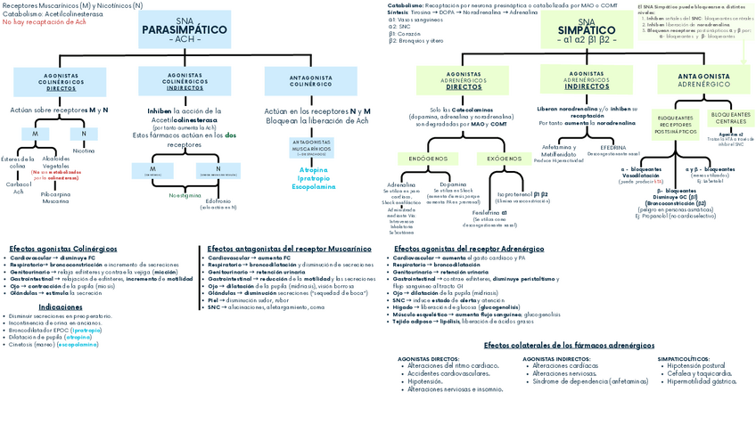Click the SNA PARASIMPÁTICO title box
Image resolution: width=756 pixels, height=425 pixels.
tap(184, 33)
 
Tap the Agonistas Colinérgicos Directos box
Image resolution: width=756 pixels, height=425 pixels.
tap(62, 82)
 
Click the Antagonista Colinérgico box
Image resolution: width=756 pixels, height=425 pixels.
tap(311, 81)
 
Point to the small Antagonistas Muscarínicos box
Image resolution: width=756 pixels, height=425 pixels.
tap(311, 146)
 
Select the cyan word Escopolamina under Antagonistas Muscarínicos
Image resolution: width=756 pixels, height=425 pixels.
tap(313, 187)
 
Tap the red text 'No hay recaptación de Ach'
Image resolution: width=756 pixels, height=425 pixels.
tap(44, 21)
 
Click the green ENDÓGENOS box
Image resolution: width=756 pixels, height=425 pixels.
tap(429, 159)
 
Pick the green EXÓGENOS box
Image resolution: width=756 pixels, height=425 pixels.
tap(505, 159)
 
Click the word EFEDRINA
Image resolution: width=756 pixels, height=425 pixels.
tap(612, 147)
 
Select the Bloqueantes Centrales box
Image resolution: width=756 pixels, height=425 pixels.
tap(731, 117)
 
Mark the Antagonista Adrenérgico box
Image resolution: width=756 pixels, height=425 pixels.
tap(703, 80)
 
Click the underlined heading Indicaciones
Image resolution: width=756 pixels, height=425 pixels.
tap(61, 306)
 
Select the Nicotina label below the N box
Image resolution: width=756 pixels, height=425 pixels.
tap(84, 151)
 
